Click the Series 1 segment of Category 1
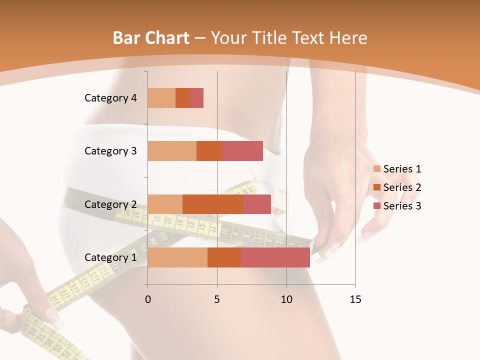(x=177, y=257)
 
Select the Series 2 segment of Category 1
(x=224, y=257)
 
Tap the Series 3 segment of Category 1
(x=275, y=257)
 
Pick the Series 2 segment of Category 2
(x=213, y=204)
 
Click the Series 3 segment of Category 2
(x=257, y=204)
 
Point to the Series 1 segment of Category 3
(x=172, y=151)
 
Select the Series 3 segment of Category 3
(x=242, y=151)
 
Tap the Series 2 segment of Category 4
(x=182, y=98)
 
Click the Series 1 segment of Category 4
(x=161, y=98)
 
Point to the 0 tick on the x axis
(x=148, y=299)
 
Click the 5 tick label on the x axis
(x=217, y=299)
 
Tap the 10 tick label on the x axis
(x=286, y=299)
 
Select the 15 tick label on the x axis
(x=355, y=299)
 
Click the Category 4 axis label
(x=110, y=98)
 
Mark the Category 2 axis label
(x=110, y=204)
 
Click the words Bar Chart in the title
(x=151, y=38)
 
